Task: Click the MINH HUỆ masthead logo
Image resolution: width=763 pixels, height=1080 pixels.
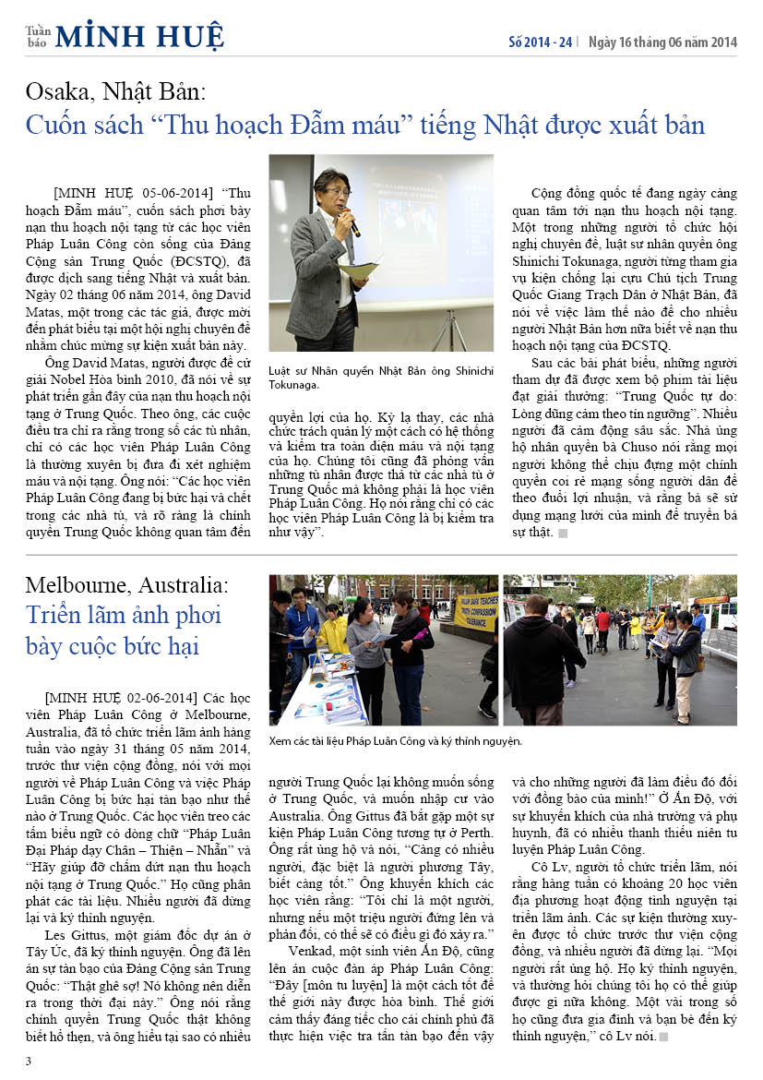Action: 139,36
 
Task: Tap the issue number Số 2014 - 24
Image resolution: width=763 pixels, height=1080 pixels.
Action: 541,42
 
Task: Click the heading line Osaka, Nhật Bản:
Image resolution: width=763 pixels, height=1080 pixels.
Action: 116,92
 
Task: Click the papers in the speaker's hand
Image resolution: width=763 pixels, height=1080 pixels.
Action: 357,270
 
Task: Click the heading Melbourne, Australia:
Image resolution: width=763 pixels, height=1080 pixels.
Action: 126,584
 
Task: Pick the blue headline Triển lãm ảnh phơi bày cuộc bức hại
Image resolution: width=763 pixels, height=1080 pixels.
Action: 124,630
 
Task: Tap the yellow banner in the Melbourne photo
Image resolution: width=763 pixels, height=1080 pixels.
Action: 476,611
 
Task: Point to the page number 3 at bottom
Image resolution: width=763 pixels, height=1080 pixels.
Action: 29,1061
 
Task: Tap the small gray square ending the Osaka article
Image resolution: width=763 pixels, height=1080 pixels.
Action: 562,534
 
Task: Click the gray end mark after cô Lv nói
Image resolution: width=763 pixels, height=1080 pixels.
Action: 663,1037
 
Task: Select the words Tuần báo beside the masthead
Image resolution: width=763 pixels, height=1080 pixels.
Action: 37,36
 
